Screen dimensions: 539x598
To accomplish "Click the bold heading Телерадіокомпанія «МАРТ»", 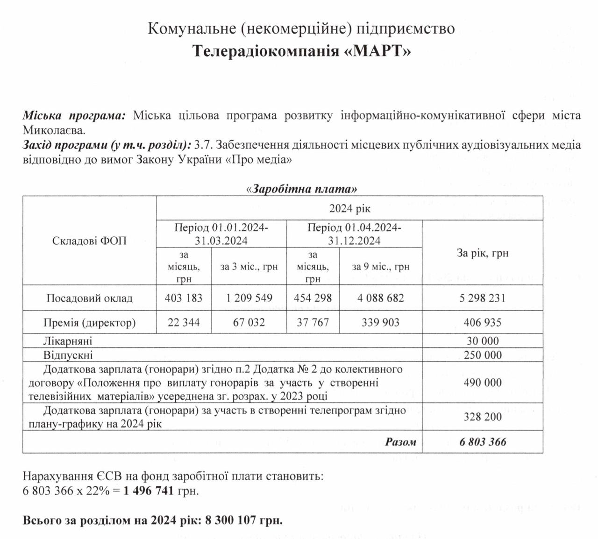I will click(x=302, y=50).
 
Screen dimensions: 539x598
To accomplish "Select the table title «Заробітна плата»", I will click(x=301, y=189).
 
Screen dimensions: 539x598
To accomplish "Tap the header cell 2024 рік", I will click(x=349, y=209).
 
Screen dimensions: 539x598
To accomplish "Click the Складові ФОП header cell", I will click(x=89, y=241).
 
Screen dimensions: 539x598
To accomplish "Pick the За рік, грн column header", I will click(x=482, y=253).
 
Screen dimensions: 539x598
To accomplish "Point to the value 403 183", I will click(x=184, y=298).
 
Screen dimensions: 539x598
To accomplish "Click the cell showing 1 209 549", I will click(x=249, y=298).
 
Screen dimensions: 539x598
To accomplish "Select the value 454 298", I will click(x=313, y=298).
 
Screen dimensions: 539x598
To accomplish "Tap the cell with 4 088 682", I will click(x=381, y=298).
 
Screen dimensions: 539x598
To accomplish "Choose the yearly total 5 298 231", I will click(x=482, y=298).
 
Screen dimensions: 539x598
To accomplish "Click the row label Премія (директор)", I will click(x=89, y=323).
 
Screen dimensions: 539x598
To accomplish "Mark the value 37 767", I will click(x=313, y=323).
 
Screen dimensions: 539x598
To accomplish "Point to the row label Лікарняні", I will click(x=68, y=341).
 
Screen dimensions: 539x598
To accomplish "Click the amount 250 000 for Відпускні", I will click(x=482, y=355).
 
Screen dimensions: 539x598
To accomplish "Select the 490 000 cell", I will click(x=482, y=383).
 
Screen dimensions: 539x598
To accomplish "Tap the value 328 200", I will click(x=482, y=417).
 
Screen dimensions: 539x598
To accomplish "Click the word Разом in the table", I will click(x=400, y=442).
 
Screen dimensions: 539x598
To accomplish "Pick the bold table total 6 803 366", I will click(x=482, y=442).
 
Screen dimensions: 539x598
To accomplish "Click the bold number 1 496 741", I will click(x=149, y=491).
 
